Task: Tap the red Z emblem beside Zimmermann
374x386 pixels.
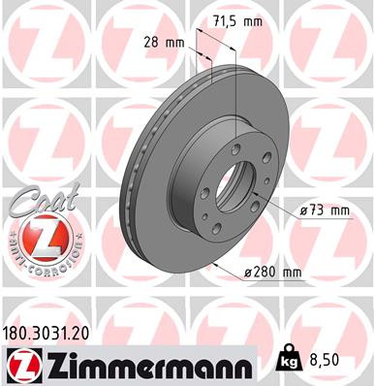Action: [x=18, y=366]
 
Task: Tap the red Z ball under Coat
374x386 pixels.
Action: [x=38, y=237]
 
